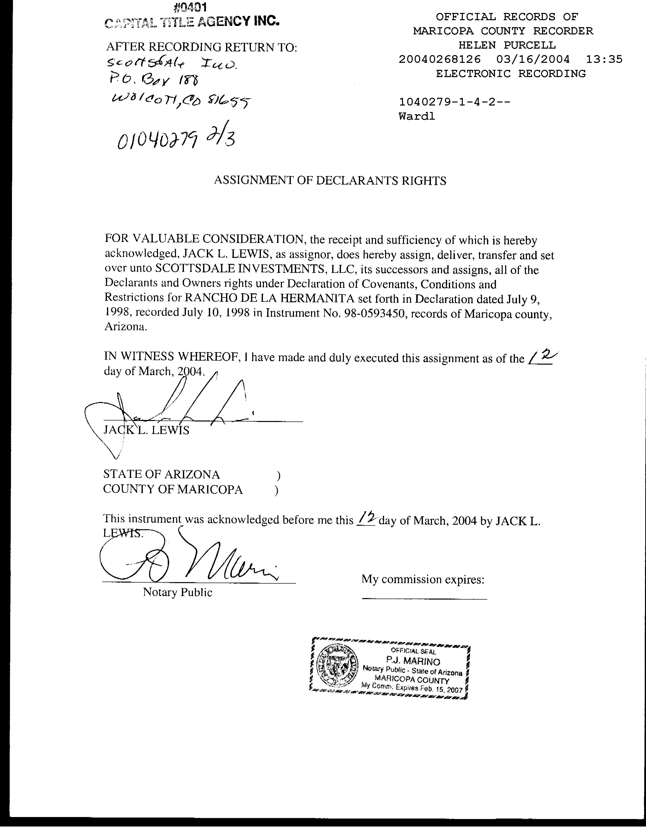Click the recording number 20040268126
click(x=439, y=60)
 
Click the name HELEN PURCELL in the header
click(x=507, y=45)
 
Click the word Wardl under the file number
click(x=417, y=116)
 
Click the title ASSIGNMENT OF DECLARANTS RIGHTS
click(x=330, y=181)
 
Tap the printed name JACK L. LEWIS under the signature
click(x=146, y=430)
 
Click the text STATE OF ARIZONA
click(x=161, y=474)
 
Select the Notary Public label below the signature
click(x=177, y=592)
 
